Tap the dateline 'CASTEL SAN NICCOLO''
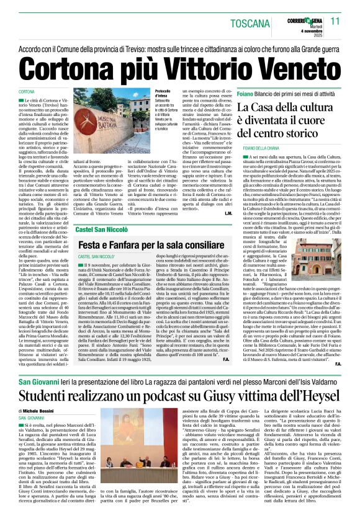(100, 256)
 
